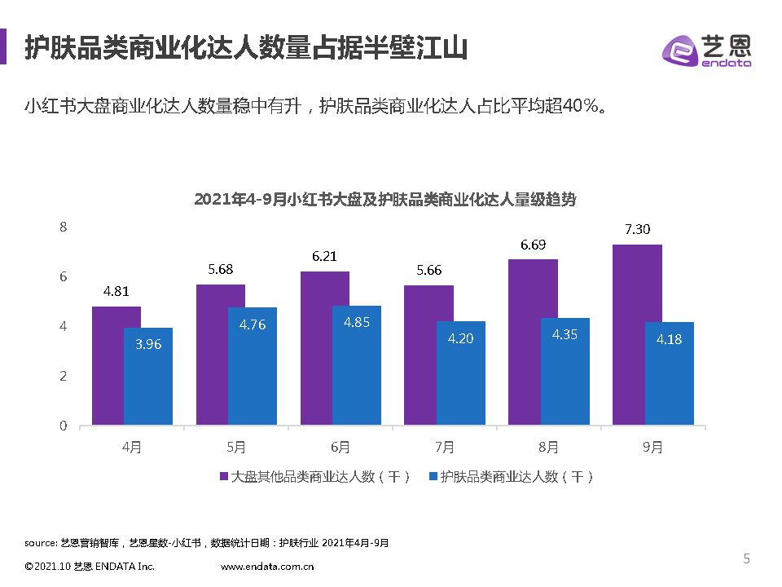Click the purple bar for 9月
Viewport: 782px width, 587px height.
point(637,334)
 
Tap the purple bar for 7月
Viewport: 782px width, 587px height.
point(428,355)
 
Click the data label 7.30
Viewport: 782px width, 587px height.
point(637,230)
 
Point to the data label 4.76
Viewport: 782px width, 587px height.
point(253,324)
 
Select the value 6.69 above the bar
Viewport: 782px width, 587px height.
point(533,245)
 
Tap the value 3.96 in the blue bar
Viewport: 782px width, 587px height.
point(148,344)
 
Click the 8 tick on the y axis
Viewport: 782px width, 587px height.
point(63,227)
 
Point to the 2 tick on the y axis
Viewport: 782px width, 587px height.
point(63,376)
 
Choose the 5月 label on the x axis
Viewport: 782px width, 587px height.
point(236,447)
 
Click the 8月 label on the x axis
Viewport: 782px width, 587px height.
point(548,447)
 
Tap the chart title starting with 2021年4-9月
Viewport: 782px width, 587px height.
point(385,199)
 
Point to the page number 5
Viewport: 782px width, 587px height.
point(746,558)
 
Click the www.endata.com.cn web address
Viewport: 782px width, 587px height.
point(267,566)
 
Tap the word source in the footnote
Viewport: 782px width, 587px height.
point(41,542)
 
